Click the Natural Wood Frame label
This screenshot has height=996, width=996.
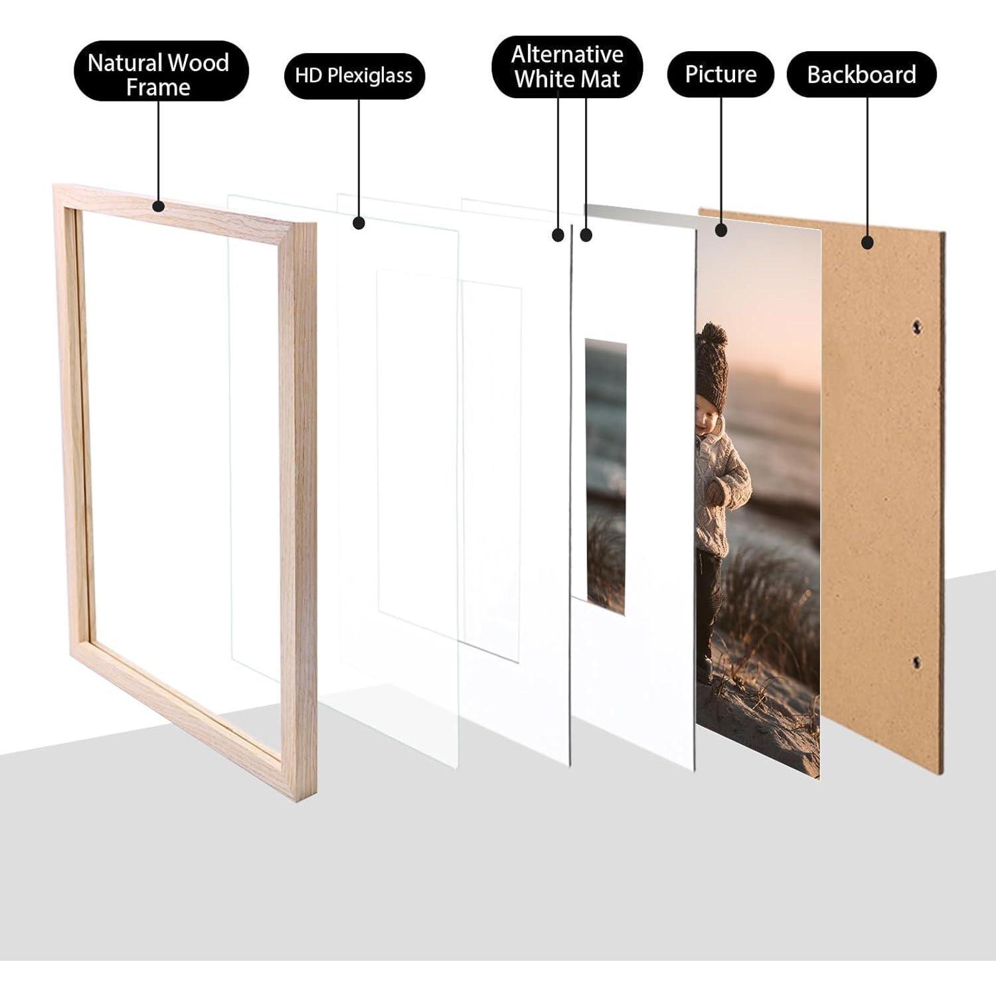(x=158, y=71)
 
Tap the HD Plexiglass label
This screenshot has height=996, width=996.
(x=354, y=75)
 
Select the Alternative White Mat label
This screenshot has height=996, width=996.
(x=567, y=66)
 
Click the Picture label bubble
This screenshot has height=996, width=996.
(x=720, y=73)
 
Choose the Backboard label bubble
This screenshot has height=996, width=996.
(x=861, y=74)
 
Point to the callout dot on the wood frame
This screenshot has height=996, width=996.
(x=158, y=206)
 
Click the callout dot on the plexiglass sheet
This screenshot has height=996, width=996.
(x=359, y=223)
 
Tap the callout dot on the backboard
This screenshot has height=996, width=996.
(x=867, y=242)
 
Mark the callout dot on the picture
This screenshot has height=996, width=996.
(x=722, y=230)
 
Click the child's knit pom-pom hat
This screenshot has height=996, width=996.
(x=711, y=366)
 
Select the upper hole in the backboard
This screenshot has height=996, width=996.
(x=917, y=326)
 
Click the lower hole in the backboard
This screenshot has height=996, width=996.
(x=916, y=662)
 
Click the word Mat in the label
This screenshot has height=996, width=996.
(x=599, y=80)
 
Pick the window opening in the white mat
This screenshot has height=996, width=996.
(x=606, y=476)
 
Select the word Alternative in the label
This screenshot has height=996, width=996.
(x=567, y=54)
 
